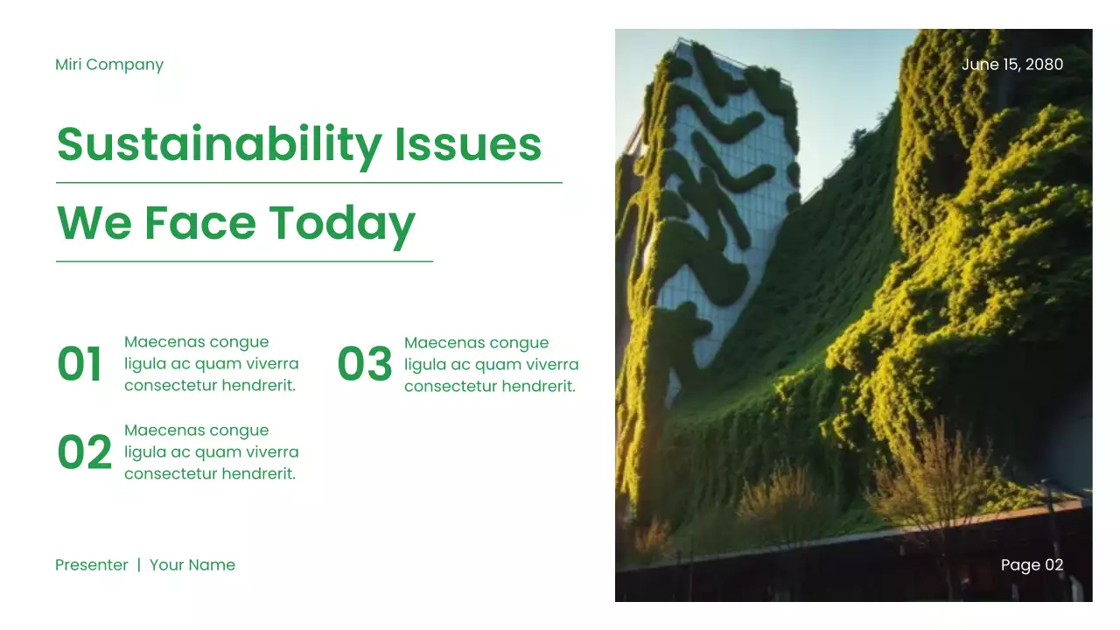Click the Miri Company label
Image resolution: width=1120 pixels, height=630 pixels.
click(x=109, y=65)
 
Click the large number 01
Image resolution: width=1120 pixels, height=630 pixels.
click(x=80, y=365)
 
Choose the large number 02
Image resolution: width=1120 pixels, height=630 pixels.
click(x=84, y=453)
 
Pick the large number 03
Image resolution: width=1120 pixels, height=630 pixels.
click(x=364, y=365)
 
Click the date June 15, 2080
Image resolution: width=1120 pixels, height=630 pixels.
click(x=1012, y=65)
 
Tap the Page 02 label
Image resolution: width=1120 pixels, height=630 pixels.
click(x=1032, y=565)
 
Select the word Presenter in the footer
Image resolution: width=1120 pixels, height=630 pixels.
click(x=92, y=565)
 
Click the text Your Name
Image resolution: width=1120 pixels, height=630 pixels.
click(x=192, y=565)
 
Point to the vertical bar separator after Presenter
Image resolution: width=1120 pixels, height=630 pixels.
click(x=138, y=565)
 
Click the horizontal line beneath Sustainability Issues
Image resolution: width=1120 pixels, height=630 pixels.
click(x=309, y=183)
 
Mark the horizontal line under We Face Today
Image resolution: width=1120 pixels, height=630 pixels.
click(x=244, y=261)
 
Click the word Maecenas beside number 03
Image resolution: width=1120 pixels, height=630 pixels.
click(x=440, y=343)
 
